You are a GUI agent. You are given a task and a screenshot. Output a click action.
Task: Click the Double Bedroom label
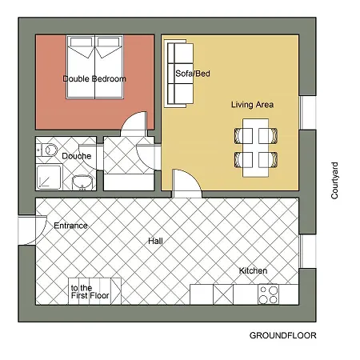94,78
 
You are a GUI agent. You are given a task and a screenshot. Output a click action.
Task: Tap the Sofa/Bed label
193,74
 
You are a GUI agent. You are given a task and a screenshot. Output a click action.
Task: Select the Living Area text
252,105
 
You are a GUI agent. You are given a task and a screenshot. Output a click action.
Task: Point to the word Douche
77,156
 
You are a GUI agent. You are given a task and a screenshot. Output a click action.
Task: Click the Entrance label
70,226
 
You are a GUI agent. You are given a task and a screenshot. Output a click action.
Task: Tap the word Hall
155,242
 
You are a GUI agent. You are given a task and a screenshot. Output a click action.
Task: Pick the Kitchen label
253,270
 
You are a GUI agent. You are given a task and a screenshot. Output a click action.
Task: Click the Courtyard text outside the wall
334,181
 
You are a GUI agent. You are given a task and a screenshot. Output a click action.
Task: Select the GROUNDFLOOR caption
283,335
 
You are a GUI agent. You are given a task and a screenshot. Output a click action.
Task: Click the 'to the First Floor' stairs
95,291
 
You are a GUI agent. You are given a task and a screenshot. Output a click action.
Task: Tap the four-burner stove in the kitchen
269,294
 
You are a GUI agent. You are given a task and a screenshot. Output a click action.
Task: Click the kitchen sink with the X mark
223,294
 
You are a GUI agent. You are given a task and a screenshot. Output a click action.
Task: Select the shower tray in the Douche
49,178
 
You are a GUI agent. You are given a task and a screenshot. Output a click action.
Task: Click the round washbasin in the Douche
82,182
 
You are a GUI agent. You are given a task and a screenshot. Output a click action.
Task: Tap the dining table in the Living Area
255,148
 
